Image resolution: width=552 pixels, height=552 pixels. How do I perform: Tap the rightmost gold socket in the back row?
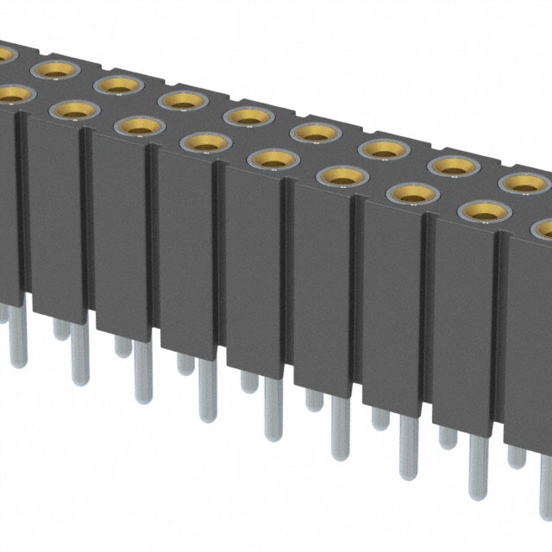pyautogui.click(x=520, y=181)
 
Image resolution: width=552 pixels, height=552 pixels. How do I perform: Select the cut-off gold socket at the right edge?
pyautogui.click(x=543, y=229)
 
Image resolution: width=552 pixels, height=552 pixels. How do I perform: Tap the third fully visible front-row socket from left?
pyautogui.click(x=205, y=141)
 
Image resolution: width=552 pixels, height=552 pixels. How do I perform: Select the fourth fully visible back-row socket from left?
pyautogui.click(x=249, y=115)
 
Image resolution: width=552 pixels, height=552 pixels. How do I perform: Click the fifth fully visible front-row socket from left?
pyautogui.click(x=342, y=175)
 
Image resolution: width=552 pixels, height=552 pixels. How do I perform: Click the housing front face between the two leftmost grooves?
pyautogui.click(x=53, y=216)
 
